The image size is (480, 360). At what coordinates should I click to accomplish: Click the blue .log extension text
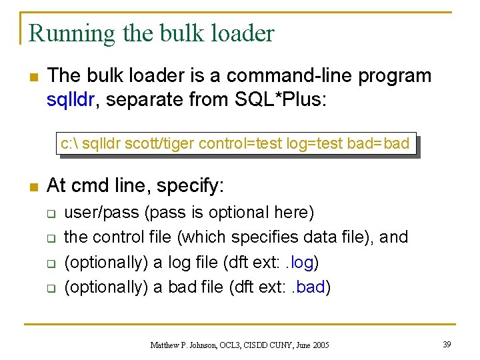(x=300, y=262)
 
